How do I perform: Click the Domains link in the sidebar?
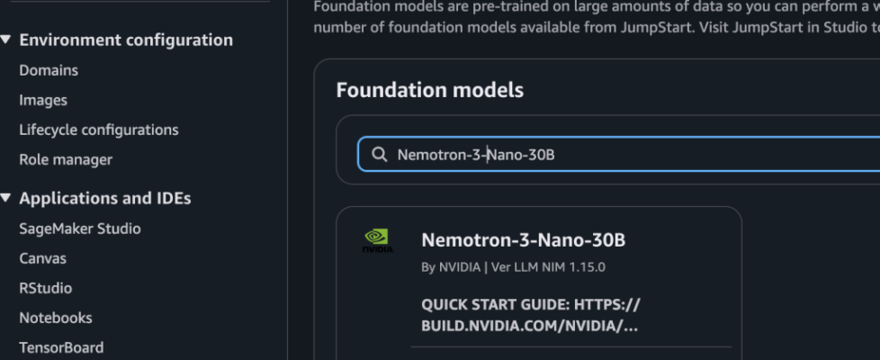click(49, 70)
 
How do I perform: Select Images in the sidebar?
click(43, 100)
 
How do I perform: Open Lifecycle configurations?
click(99, 130)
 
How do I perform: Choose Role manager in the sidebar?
click(66, 159)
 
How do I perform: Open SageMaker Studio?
click(80, 229)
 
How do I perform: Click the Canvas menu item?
click(43, 258)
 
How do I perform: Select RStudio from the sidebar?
click(46, 288)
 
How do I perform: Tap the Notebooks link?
click(56, 318)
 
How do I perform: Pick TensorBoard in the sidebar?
click(61, 347)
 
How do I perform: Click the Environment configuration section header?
click(126, 40)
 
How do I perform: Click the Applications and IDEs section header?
click(105, 198)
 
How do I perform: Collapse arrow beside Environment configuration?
click(7, 40)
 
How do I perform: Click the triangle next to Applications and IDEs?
click(7, 198)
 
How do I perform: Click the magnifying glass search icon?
click(379, 155)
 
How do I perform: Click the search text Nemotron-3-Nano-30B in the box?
click(476, 155)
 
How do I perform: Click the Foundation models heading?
click(429, 90)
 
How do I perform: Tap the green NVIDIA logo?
click(378, 240)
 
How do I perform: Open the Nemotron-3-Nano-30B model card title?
click(523, 240)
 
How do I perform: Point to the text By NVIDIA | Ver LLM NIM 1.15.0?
click(513, 267)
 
